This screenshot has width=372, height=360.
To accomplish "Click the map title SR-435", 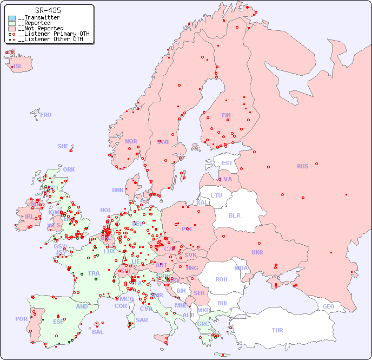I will (48, 10).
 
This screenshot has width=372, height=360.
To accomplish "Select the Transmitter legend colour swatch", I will (12, 18).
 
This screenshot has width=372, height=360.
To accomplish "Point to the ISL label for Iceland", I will (18, 67).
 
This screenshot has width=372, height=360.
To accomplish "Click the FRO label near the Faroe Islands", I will (46, 115).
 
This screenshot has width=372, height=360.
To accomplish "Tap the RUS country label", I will (302, 166).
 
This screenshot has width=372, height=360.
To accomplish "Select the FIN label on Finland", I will (226, 115).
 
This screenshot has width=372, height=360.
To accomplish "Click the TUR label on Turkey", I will (277, 330).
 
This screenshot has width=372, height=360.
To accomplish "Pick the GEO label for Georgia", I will (328, 306).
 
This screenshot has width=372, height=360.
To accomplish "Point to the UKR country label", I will (257, 252).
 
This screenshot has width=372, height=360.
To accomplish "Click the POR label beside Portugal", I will (21, 319).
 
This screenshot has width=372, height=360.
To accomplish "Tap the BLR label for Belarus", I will (234, 215).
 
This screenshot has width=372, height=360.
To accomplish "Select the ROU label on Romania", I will (221, 279).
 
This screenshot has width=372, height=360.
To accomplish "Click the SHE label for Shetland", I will (63, 146).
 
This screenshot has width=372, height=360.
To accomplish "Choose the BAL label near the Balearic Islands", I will (98, 332).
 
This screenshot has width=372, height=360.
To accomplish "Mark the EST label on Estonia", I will (227, 163).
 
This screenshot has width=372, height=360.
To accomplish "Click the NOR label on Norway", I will (131, 141).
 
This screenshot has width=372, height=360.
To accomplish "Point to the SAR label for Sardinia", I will (142, 320).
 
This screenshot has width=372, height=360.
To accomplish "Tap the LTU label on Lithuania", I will (216, 195).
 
